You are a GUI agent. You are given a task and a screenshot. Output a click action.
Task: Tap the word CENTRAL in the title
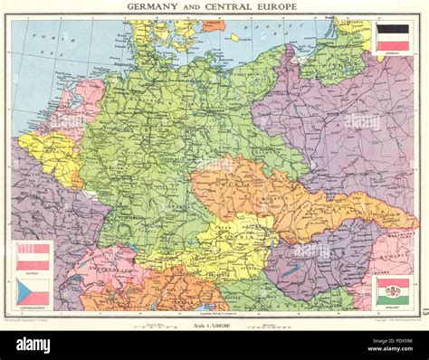point(230,7)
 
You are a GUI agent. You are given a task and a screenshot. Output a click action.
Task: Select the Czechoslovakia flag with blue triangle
point(33,291)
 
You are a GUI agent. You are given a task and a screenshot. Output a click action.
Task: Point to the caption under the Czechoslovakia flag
point(33,308)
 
